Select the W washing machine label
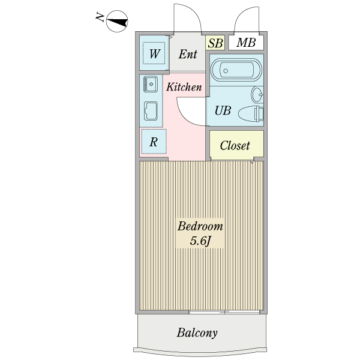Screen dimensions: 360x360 pyautogui.click(x=154, y=54)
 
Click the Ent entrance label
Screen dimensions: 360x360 pyautogui.click(x=188, y=54)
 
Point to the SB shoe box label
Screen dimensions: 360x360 pyautogui.click(x=215, y=43)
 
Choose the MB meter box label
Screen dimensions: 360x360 pyautogui.click(x=245, y=43)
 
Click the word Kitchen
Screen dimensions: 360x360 pyautogui.click(x=184, y=87)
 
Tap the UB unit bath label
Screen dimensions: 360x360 pyautogui.click(x=223, y=110)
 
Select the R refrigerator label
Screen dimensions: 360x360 pyautogui.click(x=154, y=142)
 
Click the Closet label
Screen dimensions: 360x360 pyautogui.click(x=235, y=145)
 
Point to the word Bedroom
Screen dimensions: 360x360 pyautogui.click(x=200, y=227)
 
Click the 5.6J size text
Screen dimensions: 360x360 pyautogui.click(x=200, y=241)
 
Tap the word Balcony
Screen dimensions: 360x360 pyautogui.click(x=197, y=333)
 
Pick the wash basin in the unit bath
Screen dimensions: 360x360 pyautogui.click(x=257, y=95)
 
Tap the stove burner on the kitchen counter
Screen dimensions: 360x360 pyautogui.click(x=150, y=110)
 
